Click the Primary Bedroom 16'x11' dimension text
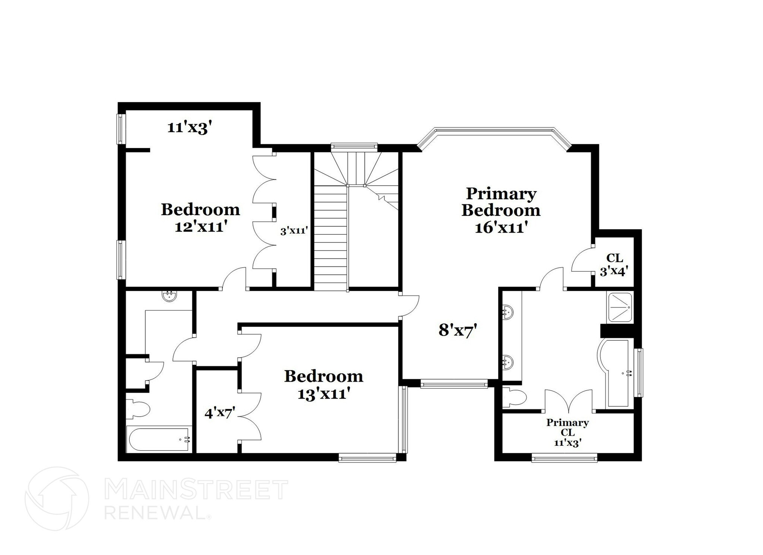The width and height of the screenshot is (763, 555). coord(501,227)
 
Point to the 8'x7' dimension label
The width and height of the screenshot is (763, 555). coord(458,330)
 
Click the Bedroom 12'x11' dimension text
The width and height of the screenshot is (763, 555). coord(201,227)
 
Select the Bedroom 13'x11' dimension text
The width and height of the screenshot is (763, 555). coord(323,394)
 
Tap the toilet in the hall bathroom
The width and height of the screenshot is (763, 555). coord(139,409)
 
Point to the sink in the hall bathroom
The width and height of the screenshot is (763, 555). coord(170,296)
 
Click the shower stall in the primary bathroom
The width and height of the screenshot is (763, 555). coord(620,308)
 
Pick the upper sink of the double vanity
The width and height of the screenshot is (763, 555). coord(508,311)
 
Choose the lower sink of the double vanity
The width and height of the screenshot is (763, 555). coord(508,361)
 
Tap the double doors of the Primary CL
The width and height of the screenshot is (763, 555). coord(569,401)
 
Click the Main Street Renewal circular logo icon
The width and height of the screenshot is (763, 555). coord(57,499)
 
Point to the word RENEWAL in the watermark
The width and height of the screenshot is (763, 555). coord(155,513)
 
